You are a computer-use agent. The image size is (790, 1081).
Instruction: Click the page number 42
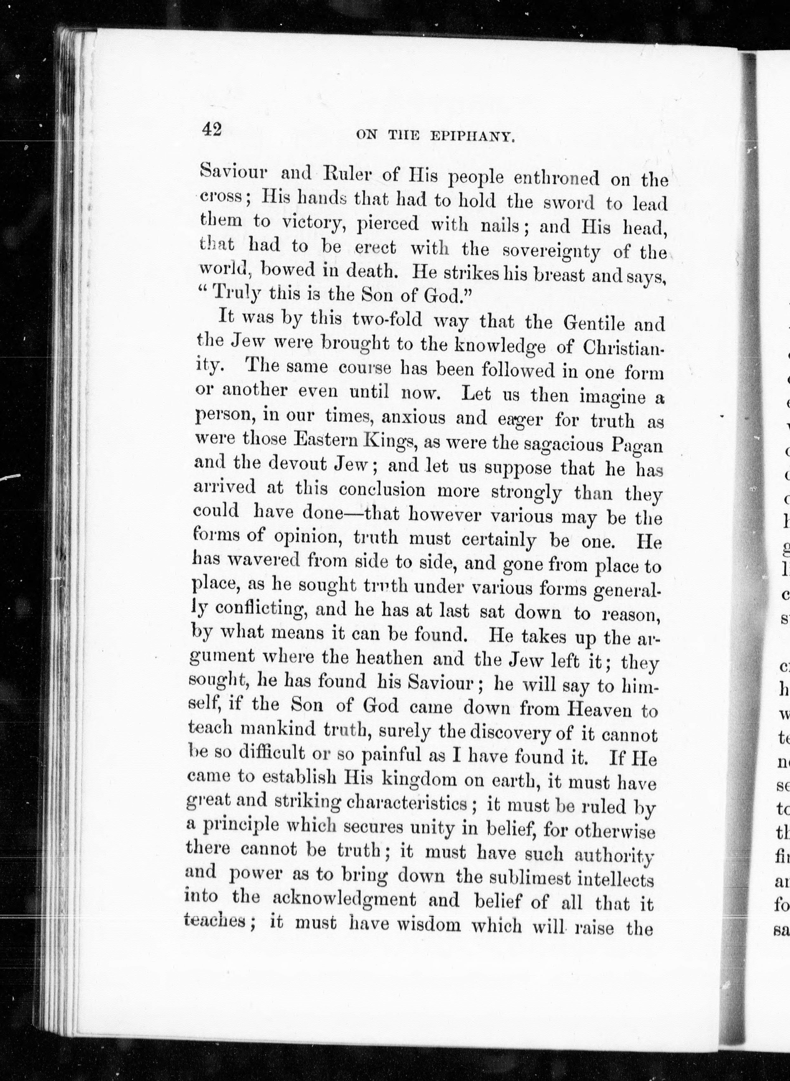pos(211,129)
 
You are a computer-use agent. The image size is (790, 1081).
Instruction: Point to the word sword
pos(569,203)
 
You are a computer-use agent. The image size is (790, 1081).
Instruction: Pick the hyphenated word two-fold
pos(387,319)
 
